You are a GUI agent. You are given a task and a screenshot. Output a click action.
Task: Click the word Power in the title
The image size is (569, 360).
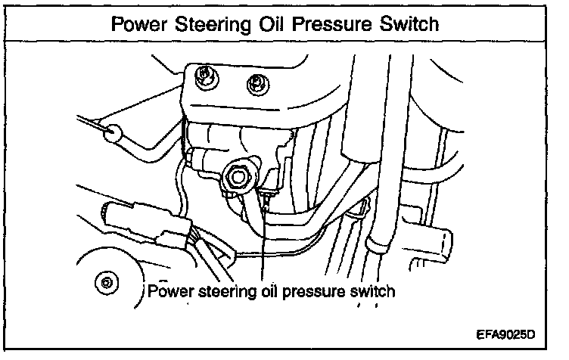(140, 23)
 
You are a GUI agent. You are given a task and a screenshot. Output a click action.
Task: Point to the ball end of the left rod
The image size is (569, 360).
(113, 135)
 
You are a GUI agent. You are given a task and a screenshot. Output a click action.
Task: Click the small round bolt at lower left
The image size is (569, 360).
(107, 282)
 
